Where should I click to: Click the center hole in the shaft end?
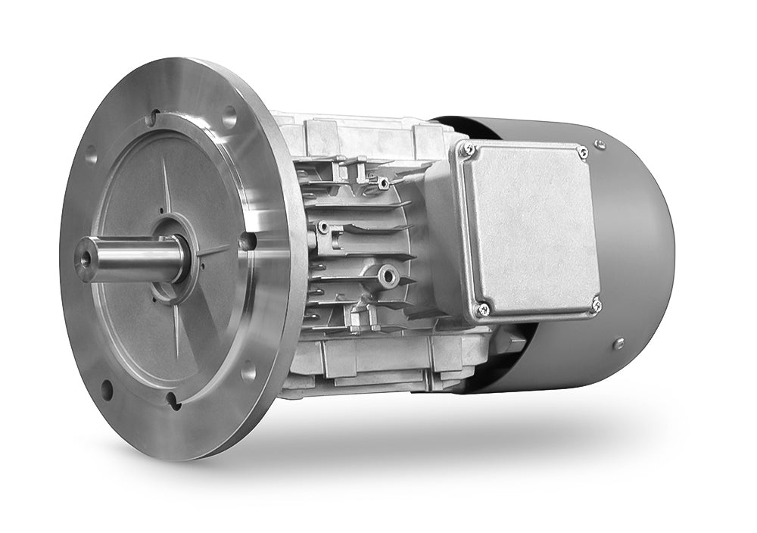[x=84, y=259]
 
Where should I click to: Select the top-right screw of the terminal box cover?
[x=582, y=153]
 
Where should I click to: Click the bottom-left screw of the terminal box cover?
[x=483, y=308]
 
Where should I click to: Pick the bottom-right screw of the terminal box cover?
[x=596, y=305]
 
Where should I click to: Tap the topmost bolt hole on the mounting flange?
[x=229, y=116]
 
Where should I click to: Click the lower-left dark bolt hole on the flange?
[x=107, y=391]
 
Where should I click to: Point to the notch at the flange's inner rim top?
[x=154, y=118]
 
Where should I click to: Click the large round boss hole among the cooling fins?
[x=389, y=276]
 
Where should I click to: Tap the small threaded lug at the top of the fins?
[x=383, y=183]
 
